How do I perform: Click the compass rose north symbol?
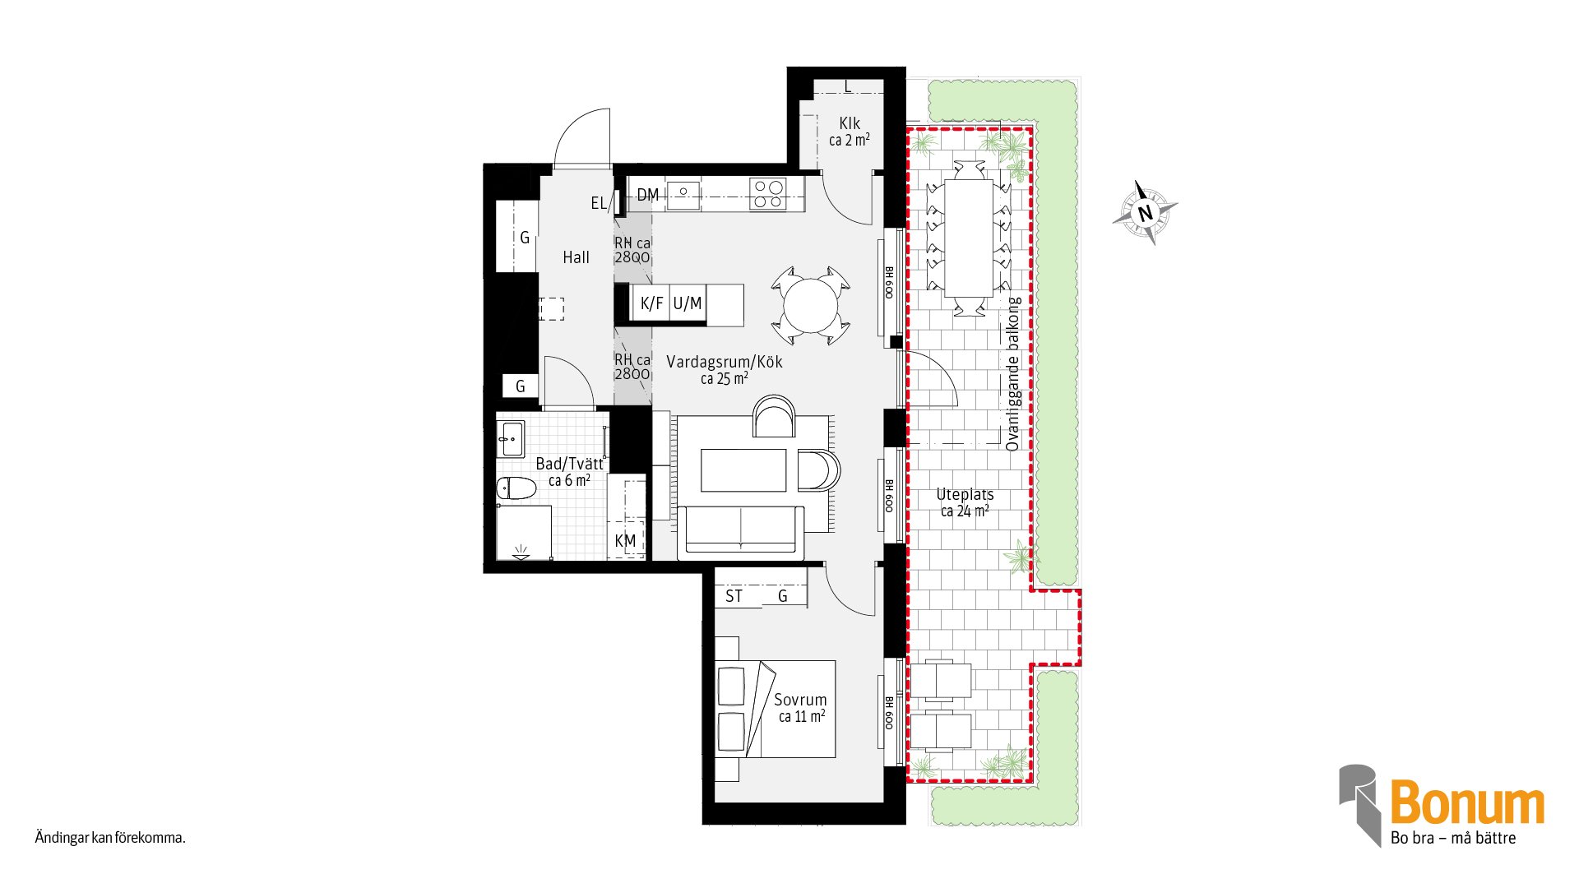click(1145, 213)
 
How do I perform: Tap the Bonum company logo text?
click(1467, 802)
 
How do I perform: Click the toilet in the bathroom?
click(516, 488)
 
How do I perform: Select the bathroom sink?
click(511, 439)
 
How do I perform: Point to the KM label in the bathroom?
click(625, 541)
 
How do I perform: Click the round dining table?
click(810, 306)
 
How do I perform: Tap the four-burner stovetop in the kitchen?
click(768, 194)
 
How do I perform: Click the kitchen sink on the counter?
click(683, 194)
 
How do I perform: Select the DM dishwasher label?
click(648, 195)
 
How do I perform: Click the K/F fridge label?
click(651, 303)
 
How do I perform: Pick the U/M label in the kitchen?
click(688, 303)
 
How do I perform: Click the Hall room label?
click(576, 257)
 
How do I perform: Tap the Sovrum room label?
click(800, 700)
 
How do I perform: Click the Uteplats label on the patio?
click(965, 495)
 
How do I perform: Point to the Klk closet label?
click(850, 123)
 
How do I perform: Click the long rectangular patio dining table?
click(969, 238)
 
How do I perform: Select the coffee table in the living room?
click(743, 470)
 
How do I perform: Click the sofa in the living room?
click(741, 531)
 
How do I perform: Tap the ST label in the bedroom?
click(734, 596)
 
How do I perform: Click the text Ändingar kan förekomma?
click(110, 838)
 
